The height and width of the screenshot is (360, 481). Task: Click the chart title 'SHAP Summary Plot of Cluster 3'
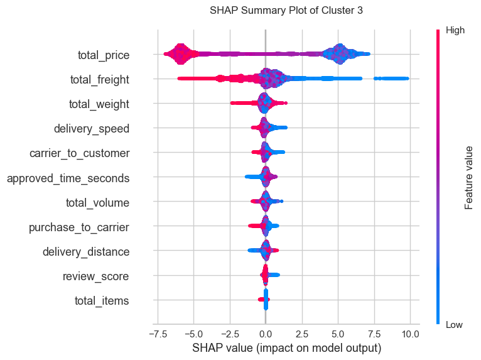(286, 11)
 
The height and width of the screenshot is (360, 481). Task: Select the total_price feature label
(104, 55)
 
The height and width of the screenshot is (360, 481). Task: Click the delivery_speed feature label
(92, 129)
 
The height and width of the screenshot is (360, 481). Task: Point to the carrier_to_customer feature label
(80, 153)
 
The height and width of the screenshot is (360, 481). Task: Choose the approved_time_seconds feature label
(68, 178)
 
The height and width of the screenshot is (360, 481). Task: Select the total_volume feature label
(98, 203)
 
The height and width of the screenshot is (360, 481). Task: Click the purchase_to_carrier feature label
(79, 227)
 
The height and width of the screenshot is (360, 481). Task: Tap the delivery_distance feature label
(86, 252)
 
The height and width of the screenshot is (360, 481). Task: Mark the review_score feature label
(96, 276)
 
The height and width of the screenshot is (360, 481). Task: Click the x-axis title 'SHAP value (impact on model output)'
(286, 348)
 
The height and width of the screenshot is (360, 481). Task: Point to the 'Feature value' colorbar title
(468, 177)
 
